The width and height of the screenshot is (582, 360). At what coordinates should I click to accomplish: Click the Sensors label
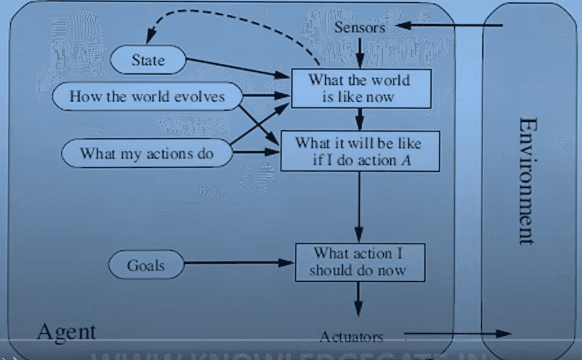(x=359, y=27)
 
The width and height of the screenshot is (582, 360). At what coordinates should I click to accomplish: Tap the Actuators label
(x=351, y=337)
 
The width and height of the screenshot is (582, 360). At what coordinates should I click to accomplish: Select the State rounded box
(x=148, y=61)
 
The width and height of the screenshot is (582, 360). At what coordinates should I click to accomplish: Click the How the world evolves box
(x=147, y=96)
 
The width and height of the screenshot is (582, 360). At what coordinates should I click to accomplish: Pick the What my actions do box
(x=146, y=153)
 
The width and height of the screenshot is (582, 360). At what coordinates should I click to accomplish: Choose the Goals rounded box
(x=145, y=265)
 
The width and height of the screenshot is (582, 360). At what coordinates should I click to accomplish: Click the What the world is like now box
(x=361, y=88)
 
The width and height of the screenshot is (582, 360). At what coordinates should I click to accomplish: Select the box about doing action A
(x=360, y=151)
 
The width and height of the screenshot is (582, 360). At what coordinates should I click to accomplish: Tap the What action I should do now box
(x=360, y=262)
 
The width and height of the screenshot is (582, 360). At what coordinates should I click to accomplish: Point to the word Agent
(x=67, y=331)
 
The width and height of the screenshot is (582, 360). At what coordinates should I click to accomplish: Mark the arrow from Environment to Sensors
(x=449, y=26)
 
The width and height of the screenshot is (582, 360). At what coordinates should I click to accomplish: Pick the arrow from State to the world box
(x=237, y=68)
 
